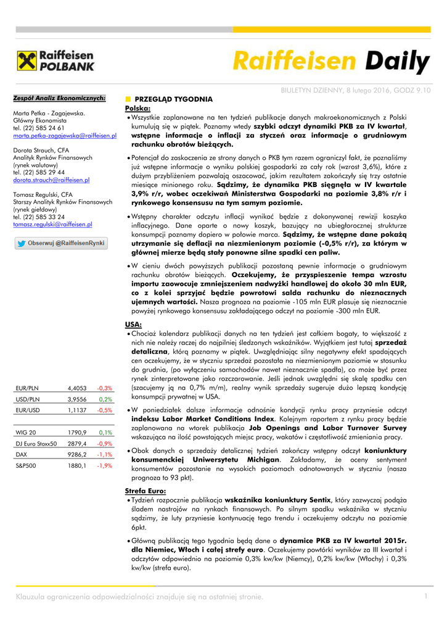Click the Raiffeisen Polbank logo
point(56,62)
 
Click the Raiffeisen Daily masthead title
point(331,62)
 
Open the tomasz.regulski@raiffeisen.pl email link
point(52,225)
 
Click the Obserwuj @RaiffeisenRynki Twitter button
point(60,244)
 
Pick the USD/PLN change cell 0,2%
point(105,399)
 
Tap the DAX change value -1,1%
point(104,454)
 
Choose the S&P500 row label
point(26,465)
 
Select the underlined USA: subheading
point(133,325)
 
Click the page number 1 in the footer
point(425,596)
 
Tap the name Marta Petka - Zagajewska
point(49,114)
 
